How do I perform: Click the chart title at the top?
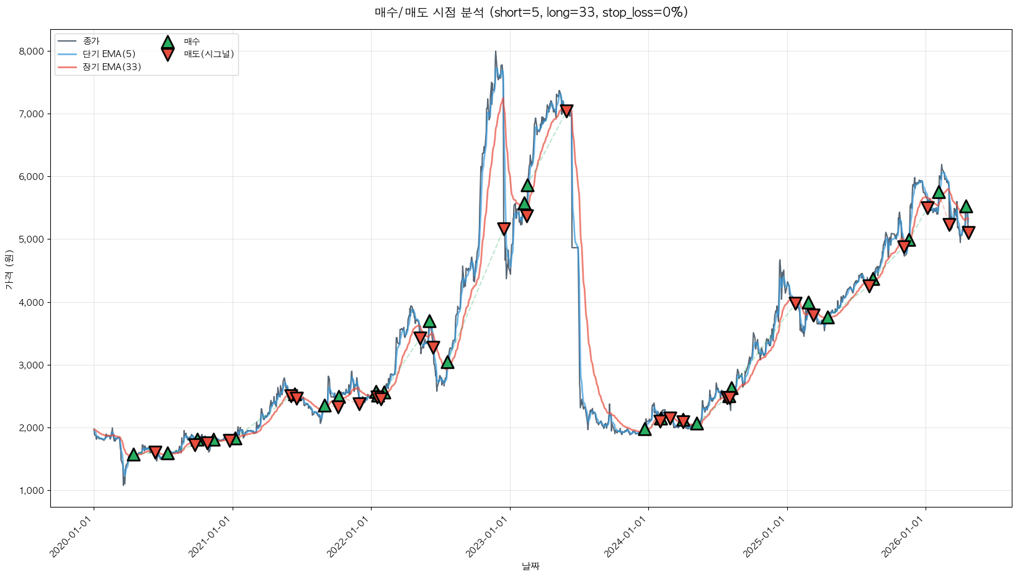531,12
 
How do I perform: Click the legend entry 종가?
91,41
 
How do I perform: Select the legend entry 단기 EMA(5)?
109,54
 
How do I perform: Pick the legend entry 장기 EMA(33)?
112,67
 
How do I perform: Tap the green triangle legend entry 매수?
192,42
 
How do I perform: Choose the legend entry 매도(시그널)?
208,54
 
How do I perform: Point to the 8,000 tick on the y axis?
32,51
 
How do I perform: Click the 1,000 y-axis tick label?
32,491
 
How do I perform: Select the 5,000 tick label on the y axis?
32,239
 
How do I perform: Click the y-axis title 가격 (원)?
9,270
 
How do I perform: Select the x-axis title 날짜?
530,566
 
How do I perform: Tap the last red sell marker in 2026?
968,233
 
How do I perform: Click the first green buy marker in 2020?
133,455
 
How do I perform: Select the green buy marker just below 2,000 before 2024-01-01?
645,429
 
